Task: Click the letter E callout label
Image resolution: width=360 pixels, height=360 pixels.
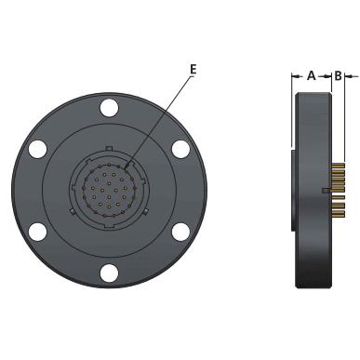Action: click(193, 69)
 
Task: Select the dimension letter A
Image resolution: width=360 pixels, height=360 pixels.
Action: click(312, 75)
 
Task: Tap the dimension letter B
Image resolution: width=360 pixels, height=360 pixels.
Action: click(338, 75)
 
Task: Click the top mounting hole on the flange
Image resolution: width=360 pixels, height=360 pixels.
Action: click(109, 108)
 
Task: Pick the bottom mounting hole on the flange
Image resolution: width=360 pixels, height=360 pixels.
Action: click(109, 273)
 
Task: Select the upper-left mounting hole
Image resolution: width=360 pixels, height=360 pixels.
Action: click(37, 149)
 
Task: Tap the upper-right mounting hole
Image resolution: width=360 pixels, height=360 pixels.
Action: click(180, 149)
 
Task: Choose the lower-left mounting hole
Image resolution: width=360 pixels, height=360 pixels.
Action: click(37, 232)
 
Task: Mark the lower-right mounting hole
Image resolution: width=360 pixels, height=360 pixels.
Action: click(180, 232)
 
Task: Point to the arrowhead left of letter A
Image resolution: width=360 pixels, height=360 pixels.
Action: click(295, 76)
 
